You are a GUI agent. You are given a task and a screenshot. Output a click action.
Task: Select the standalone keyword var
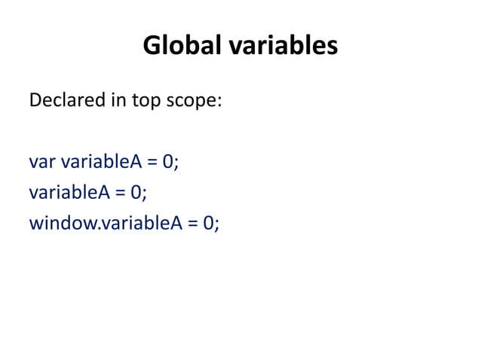pos(42,162)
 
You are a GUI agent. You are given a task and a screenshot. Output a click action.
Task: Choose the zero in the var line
pos(169,162)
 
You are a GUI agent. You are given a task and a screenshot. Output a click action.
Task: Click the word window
pos(60,224)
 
